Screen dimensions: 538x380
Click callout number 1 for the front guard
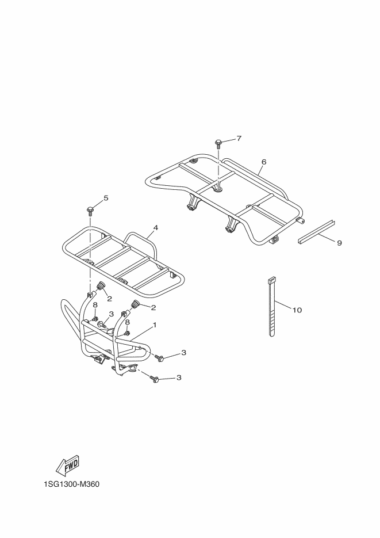click(x=155, y=326)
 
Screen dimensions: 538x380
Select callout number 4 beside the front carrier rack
click(x=156, y=228)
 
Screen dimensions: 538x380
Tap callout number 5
click(x=106, y=199)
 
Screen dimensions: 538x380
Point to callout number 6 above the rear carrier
click(x=264, y=162)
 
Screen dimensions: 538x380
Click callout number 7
click(x=239, y=139)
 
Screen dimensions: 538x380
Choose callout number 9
click(x=339, y=243)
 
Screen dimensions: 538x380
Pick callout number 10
click(x=297, y=310)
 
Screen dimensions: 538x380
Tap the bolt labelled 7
click(x=219, y=142)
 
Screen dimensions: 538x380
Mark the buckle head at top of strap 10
click(x=271, y=280)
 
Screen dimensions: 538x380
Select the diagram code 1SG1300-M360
click(x=71, y=484)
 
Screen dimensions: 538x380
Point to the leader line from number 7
click(x=229, y=140)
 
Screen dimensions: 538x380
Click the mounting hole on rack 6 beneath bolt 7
click(x=220, y=186)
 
